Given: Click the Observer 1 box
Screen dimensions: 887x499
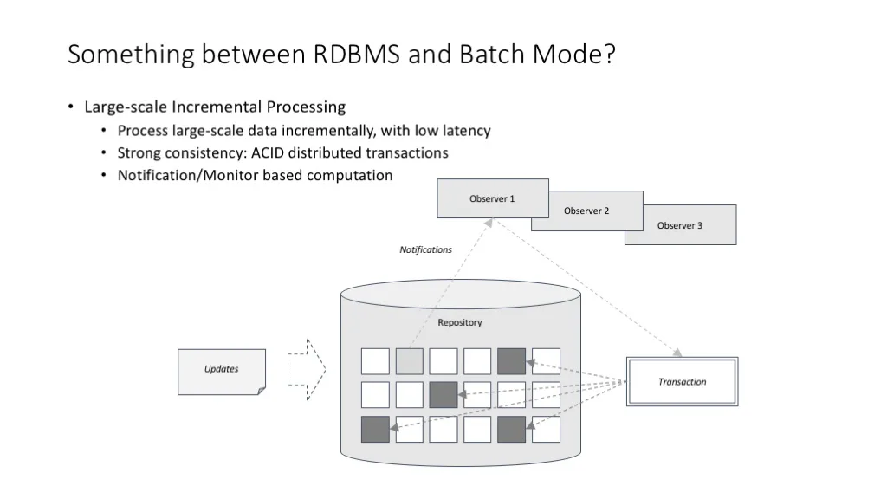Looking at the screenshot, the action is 493,198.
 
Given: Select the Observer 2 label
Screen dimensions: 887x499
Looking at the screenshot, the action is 586,211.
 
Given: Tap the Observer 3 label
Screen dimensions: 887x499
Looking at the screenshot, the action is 679,226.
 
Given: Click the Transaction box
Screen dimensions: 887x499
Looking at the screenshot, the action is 683,382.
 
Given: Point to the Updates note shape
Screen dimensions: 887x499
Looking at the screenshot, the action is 222,372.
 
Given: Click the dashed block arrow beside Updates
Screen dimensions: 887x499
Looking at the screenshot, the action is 307,369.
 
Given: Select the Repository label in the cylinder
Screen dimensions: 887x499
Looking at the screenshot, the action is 460,322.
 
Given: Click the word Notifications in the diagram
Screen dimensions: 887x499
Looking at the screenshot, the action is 426,249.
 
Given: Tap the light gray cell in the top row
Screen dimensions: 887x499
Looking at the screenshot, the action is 409,361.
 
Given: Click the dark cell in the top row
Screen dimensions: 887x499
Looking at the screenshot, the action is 511,361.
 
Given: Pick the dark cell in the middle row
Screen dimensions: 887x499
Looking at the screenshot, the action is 443,395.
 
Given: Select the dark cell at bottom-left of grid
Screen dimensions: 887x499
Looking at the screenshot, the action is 375,429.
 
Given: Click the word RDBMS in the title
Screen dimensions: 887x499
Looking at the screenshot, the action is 356,55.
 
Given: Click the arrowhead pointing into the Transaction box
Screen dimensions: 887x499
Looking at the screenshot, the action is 677,353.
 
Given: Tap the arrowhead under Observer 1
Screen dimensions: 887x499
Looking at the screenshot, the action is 489,223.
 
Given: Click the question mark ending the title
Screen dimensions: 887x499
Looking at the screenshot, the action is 609,55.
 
